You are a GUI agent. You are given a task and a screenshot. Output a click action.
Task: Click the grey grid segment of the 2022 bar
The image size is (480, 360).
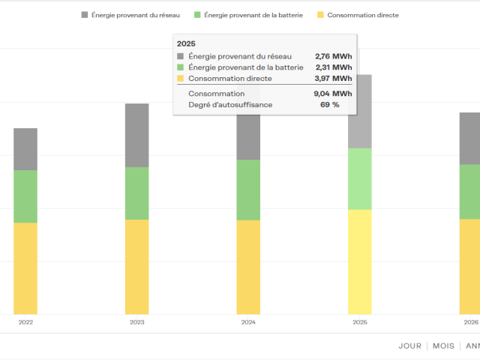(x=25, y=149)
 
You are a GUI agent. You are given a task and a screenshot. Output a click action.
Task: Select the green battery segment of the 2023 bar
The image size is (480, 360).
(x=136, y=193)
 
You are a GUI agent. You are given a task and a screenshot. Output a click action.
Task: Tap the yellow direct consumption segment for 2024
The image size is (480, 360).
(x=248, y=267)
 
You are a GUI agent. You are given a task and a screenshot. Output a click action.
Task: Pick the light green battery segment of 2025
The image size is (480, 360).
(x=360, y=179)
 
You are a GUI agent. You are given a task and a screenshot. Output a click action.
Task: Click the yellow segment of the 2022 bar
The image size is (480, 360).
(x=25, y=268)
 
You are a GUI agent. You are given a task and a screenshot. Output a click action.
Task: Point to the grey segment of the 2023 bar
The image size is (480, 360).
(x=136, y=135)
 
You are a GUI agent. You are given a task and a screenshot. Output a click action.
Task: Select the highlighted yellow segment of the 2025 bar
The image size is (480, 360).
(x=360, y=262)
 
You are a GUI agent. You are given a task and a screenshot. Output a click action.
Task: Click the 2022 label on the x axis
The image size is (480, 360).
(x=25, y=322)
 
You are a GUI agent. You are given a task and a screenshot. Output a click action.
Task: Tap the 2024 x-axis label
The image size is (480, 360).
(x=248, y=322)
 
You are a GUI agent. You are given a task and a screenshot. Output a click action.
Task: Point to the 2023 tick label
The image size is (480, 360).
(x=136, y=322)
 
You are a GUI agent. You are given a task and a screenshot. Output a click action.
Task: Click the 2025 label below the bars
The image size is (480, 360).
(x=360, y=322)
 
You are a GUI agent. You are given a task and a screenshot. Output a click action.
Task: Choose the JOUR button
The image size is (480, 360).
(x=410, y=346)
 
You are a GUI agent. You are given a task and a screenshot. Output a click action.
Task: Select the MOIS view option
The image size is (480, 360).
(x=443, y=346)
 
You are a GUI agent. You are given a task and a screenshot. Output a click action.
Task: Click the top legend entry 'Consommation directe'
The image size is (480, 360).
(x=363, y=15)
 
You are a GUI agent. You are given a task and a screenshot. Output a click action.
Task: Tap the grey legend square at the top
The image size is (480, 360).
(x=85, y=15)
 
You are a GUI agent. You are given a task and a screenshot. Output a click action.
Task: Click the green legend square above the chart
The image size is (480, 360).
(x=197, y=15)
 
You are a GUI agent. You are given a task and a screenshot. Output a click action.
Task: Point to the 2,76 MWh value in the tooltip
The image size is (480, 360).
(x=334, y=56)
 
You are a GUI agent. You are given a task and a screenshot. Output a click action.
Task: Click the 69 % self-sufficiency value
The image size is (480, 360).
(x=330, y=105)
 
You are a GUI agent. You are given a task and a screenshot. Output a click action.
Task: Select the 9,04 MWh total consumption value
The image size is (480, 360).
(x=333, y=93)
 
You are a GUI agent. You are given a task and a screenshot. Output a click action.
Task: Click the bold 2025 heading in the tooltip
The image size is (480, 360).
(x=186, y=43)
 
